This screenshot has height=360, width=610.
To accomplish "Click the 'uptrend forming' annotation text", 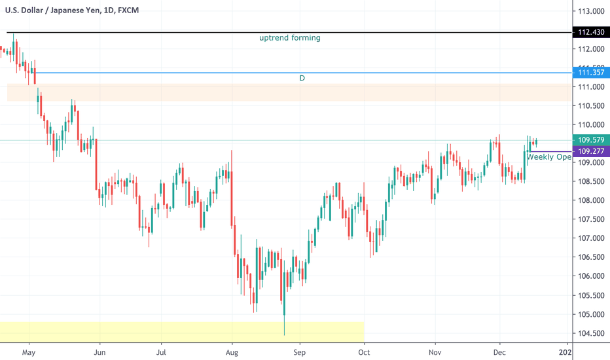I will click(x=290, y=38).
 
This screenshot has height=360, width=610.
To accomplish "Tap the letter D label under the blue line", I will click(x=302, y=78).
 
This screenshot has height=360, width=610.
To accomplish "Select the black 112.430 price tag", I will click(x=590, y=33).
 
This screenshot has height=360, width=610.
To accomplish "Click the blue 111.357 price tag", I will click(x=590, y=73).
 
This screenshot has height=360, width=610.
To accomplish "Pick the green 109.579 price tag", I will click(x=590, y=139).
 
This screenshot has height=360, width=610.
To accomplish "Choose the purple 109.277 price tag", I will click(x=590, y=151).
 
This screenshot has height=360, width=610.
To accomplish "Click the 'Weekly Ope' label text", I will click(x=549, y=157).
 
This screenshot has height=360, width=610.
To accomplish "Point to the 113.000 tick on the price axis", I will click(x=590, y=12).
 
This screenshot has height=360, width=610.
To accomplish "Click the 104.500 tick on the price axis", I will click(x=590, y=333).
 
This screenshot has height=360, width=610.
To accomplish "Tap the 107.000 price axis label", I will click(x=590, y=239).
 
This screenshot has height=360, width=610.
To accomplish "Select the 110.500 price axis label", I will click(x=590, y=106).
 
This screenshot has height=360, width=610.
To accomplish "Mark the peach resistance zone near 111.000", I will click(x=288, y=92).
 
